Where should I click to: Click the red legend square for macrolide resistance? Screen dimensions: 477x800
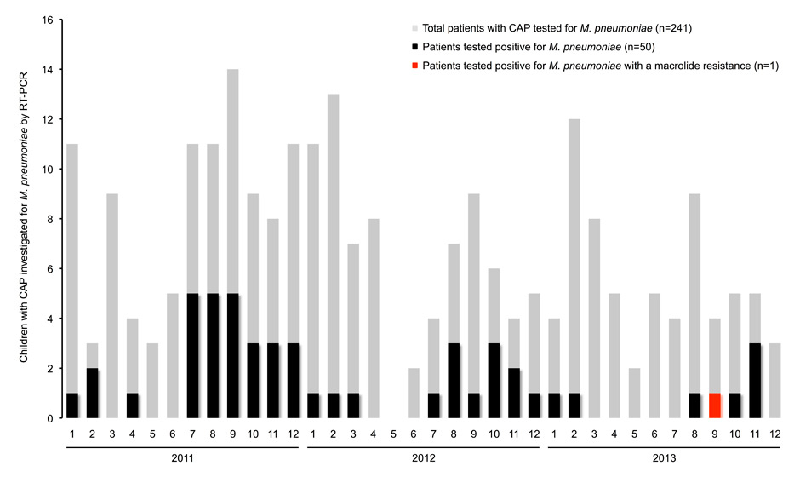pyautogui.click(x=414, y=66)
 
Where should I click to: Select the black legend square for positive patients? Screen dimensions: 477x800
pyautogui.click(x=414, y=47)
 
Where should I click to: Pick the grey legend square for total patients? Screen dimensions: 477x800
pyautogui.click(x=414, y=28)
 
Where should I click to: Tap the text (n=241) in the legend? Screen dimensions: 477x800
pyautogui.click(x=674, y=28)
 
